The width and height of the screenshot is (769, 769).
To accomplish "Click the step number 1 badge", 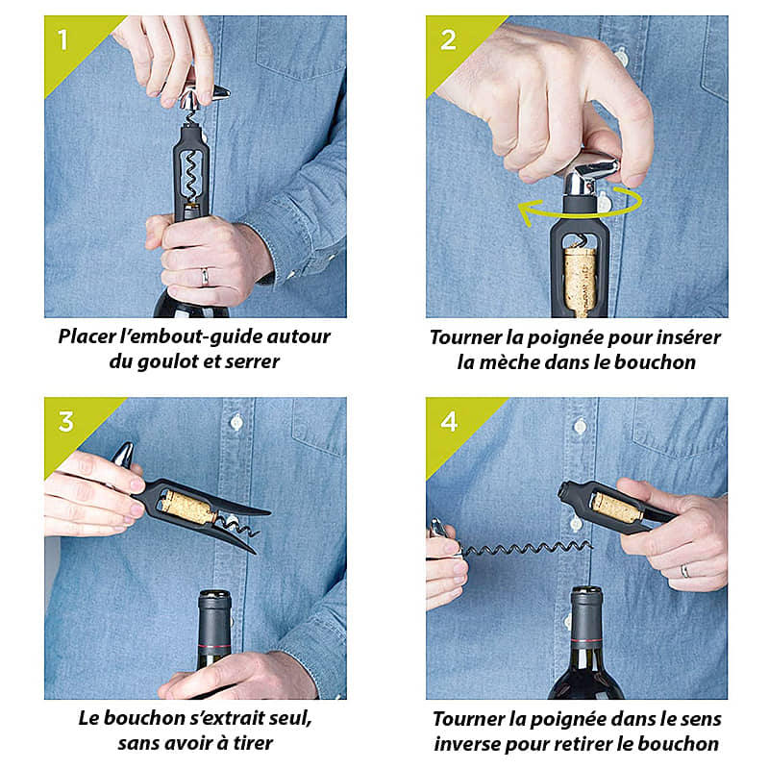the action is (x=62, y=39).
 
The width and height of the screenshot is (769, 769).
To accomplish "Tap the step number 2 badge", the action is (x=448, y=39).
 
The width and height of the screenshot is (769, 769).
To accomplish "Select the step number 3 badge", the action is (x=65, y=421).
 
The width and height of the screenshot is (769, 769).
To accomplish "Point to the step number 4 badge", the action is (x=449, y=421).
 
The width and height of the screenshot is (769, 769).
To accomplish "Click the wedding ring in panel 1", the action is (x=205, y=277).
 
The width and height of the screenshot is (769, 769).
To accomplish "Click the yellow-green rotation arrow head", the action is (x=530, y=211).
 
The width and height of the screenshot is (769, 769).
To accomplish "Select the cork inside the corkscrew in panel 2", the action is (x=581, y=282).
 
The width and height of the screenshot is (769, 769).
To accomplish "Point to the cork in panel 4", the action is (x=617, y=509).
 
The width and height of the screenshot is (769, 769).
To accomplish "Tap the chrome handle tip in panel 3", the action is (x=123, y=454).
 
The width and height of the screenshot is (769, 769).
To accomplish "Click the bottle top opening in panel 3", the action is (x=214, y=595).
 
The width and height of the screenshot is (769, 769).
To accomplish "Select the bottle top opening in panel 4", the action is (x=586, y=591).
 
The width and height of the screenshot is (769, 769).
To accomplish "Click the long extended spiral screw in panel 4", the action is (x=526, y=549).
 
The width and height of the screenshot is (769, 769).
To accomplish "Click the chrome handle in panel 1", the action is (x=203, y=94).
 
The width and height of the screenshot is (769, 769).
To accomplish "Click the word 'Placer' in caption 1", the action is (x=87, y=336).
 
